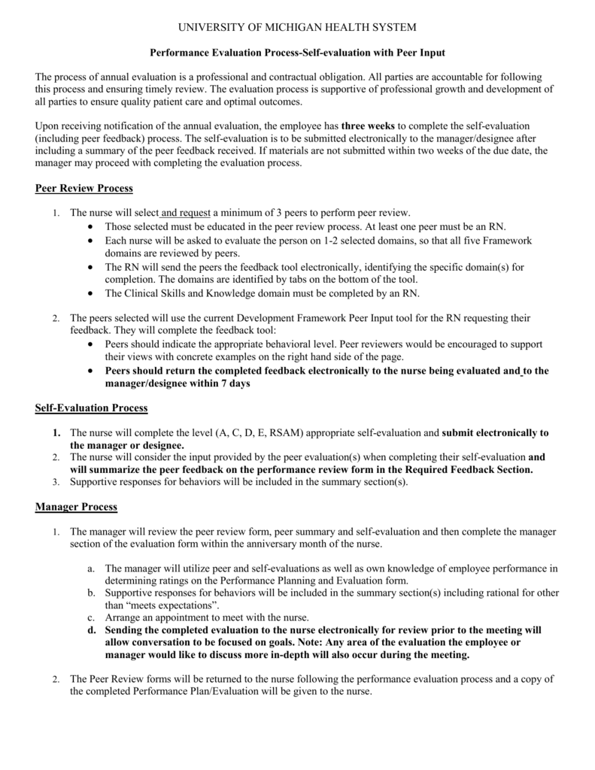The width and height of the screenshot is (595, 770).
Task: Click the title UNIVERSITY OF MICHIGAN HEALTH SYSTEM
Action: tap(296, 28)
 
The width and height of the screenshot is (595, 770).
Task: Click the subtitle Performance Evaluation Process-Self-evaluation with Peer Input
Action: tap(297, 53)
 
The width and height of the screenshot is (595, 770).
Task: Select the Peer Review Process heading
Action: tap(83, 188)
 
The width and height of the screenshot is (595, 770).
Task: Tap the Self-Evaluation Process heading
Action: tap(91, 408)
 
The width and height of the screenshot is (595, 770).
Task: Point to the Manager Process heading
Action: tap(76, 507)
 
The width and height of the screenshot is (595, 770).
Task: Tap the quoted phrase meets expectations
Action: tap(162, 605)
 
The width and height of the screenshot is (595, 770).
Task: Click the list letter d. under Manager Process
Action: tap(91, 629)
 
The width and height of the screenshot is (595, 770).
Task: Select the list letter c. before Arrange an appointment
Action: tap(91, 617)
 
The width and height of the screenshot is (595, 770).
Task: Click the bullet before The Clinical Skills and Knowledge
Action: tap(91, 293)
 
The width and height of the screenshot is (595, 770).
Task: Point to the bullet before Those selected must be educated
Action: tap(91, 226)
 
